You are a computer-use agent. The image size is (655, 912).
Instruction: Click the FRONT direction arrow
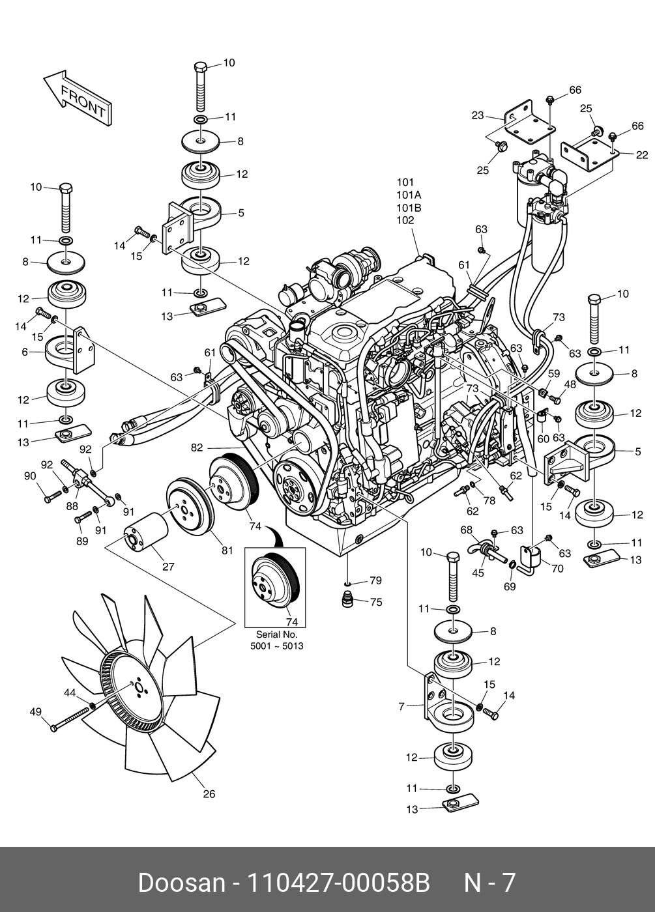pyautogui.click(x=78, y=98)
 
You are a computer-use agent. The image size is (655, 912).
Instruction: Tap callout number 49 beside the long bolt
pyautogui.click(x=36, y=712)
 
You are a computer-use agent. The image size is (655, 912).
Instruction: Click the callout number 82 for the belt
pyautogui.click(x=197, y=448)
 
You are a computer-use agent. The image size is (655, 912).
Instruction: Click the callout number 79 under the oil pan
pyautogui.click(x=375, y=580)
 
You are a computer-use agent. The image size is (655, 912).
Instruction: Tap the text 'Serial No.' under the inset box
pyautogui.click(x=276, y=634)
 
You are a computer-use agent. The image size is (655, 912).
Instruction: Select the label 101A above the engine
pyautogui.click(x=409, y=195)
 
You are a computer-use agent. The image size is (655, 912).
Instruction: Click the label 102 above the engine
pyautogui.click(x=405, y=220)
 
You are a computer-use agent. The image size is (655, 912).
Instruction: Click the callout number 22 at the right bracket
pyautogui.click(x=642, y=155)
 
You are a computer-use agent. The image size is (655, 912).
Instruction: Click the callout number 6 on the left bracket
pyautogui.click(x=25, y=352)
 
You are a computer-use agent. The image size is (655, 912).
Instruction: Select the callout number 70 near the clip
pyautogui.click(x=557, y=568)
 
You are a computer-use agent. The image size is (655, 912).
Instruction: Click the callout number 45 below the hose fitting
pyautogui.click(x=478, y=573)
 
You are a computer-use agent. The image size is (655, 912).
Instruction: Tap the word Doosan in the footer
pyautogui.click(x=181, y=883)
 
